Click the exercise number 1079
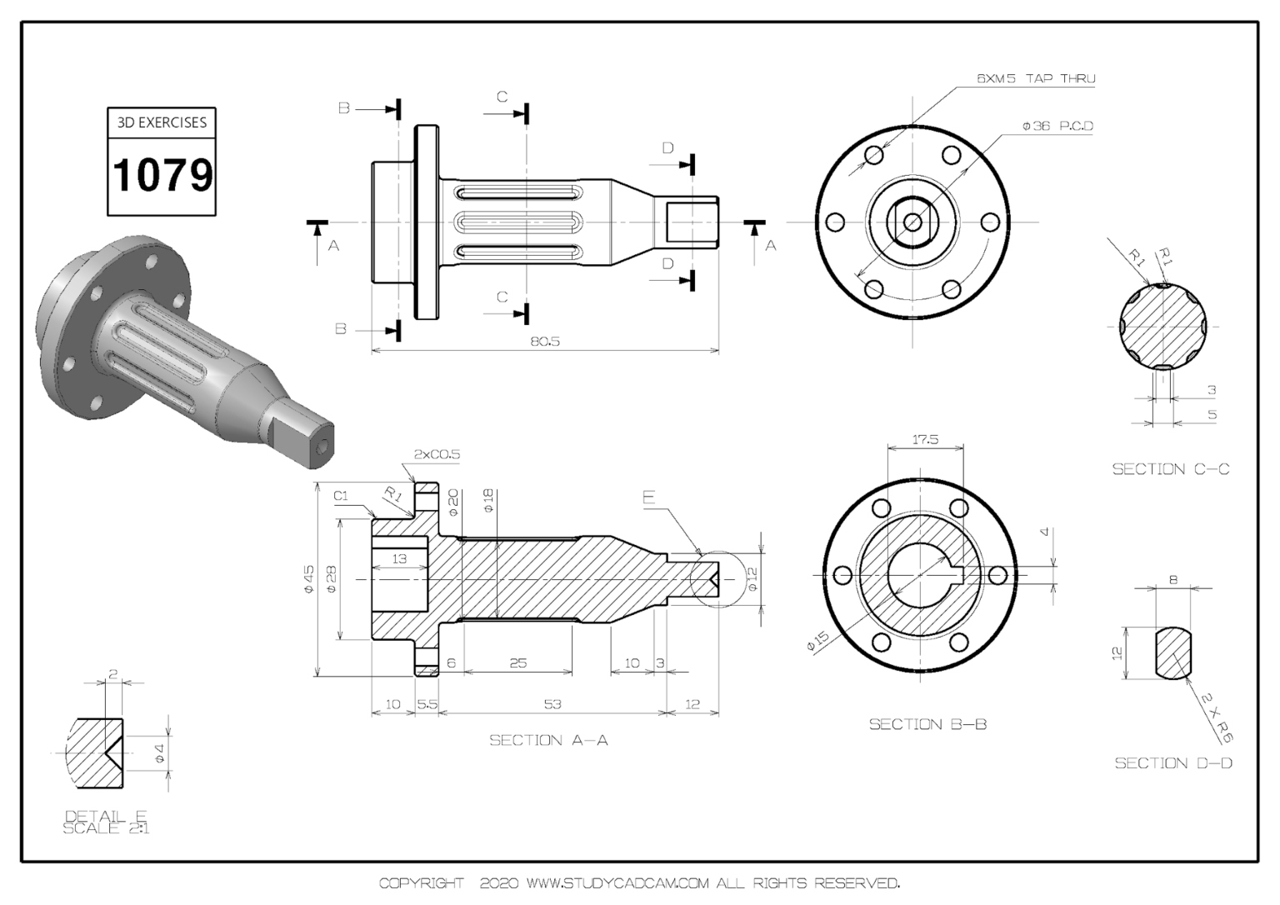(x=162, y=175)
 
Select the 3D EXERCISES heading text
(x=162, y=122)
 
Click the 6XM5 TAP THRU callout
(x=1036, y=78)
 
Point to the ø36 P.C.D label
(x=1057, y=126)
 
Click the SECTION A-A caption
(x=548, y=740)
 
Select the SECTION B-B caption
(x=927, y=724)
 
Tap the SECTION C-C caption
(x=1170, y=469)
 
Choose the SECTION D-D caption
(x=1173, y=762)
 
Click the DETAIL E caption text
(x=106, y=816)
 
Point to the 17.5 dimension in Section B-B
(x=925, y=439)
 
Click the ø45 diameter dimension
(x=308, y=579)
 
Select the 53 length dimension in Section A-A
(x=552, y=704)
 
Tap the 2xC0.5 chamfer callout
(x=437, y=455)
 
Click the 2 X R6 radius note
(x=1217, y=718)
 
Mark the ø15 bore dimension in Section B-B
(x=817, y=642)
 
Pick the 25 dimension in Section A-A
(x=517, y=663)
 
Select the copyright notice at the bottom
(x=639, y=882)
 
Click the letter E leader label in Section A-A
(x=648, y=498)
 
